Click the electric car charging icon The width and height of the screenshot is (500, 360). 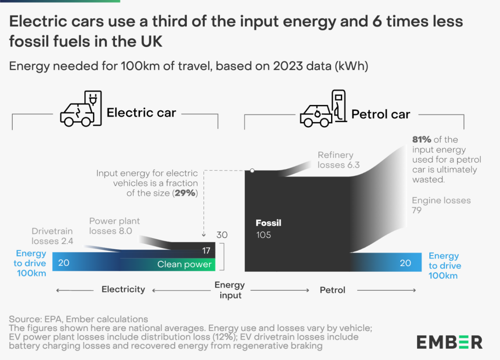click(x=81, y=109)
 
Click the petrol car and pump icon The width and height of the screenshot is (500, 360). click(x=323, y=109)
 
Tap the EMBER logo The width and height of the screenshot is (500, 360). click(x=450, y=342)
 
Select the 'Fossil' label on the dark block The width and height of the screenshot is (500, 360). click(x=268, y=223)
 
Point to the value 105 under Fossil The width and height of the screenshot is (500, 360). click(x=264, y=235)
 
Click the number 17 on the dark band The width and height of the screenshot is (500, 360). click(x=206, y=251)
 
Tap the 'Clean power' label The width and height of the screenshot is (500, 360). click(x=184, y=264)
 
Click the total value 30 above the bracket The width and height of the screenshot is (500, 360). click(x=222, y=235)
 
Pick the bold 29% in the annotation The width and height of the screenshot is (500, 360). click(x=185, y=193)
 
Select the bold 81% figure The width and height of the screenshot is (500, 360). click(x=421, y=140)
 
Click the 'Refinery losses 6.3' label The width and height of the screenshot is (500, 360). click(x=338, y=160)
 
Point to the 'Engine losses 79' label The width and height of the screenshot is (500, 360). click(x=441, y=205)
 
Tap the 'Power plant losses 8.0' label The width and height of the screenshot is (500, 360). click(x=114, y=226)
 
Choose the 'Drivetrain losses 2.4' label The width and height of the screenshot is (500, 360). click(x=52, y=236)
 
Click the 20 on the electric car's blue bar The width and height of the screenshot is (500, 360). click(x=64, y=263)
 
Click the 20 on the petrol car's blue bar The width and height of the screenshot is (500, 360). click(x=405, y=263)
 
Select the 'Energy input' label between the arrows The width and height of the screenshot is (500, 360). click(x=230, y=290)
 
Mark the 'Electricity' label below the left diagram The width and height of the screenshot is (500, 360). click(x=123, y=289)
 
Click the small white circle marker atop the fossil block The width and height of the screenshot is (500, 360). click(x=252, y=170)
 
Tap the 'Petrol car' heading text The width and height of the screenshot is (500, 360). click(x=380, y=114)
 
